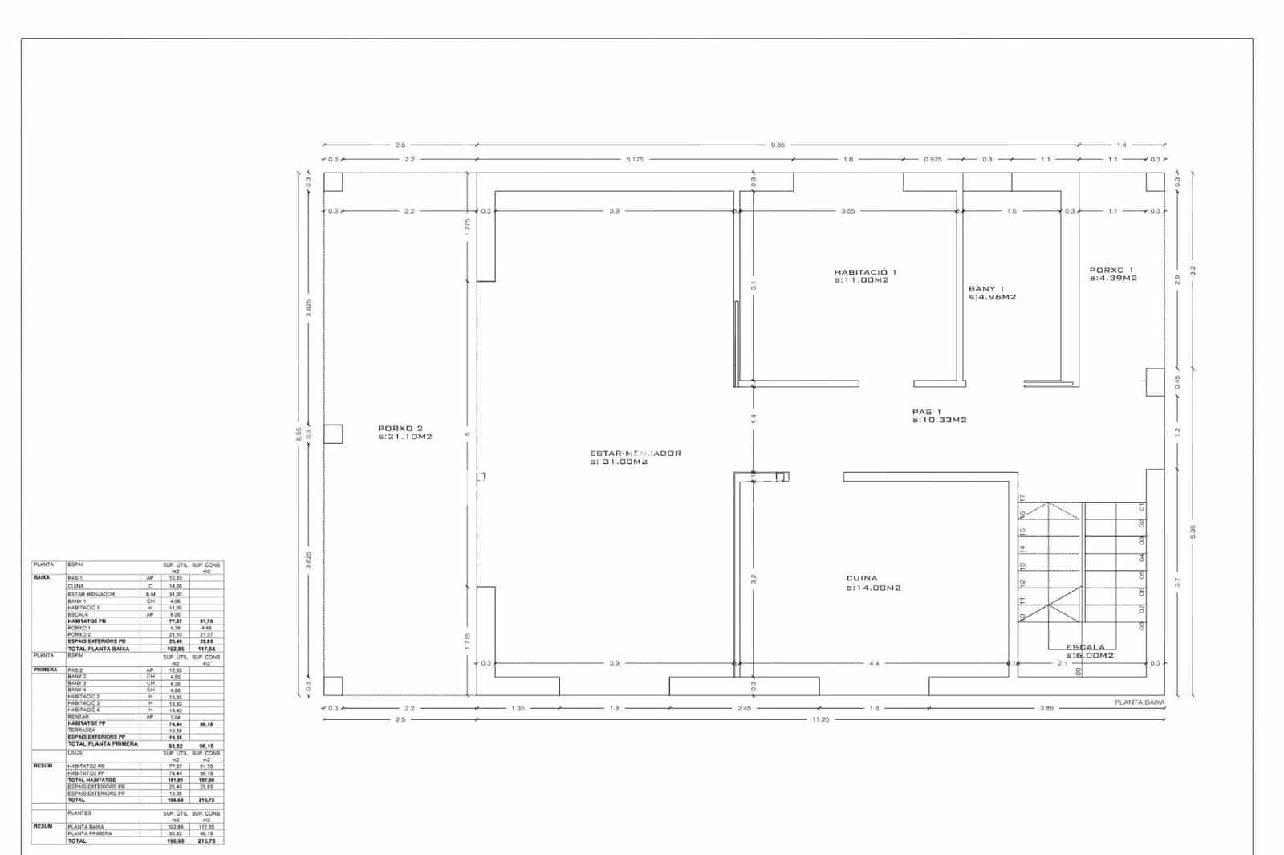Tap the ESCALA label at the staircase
(x=1085, y=647)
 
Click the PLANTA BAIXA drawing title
(x=1139, y=702)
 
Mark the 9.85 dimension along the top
(x=778, y=145)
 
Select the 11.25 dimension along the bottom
(x=820, y=720)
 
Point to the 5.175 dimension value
(x=635, y=160)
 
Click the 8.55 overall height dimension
(x=299, y=434)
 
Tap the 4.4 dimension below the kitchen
(x=874, y=664)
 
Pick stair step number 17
(x=1023, y=498)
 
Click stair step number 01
(x=1141, y=508)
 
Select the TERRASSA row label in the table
(x=81, y=730)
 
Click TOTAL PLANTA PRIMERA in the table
(x=103, y=744)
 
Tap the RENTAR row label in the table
(x=78, y=716)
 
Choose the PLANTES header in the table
(x=79, y=813)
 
